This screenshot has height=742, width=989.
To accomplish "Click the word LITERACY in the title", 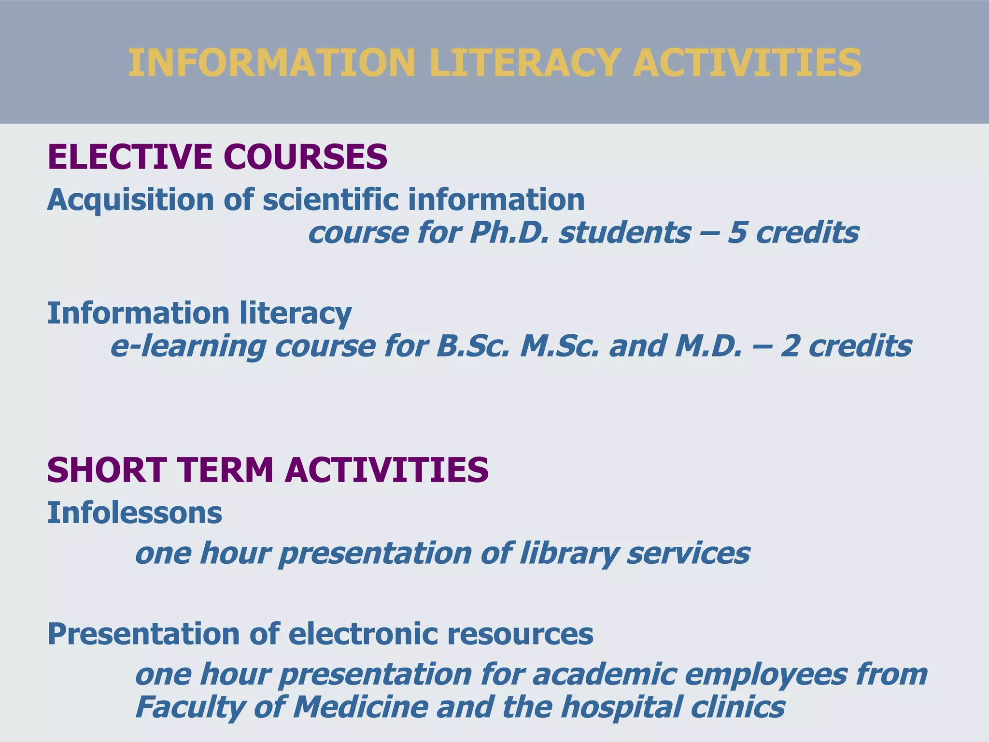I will click(x=523, y=63).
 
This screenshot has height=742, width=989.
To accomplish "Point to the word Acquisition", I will click(x=130, y=200).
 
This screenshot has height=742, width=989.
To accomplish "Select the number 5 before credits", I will click(x=737, y=233).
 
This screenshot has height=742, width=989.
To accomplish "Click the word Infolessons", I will click(x=135, y=513).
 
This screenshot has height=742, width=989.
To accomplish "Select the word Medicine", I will click(x=360, y=708).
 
